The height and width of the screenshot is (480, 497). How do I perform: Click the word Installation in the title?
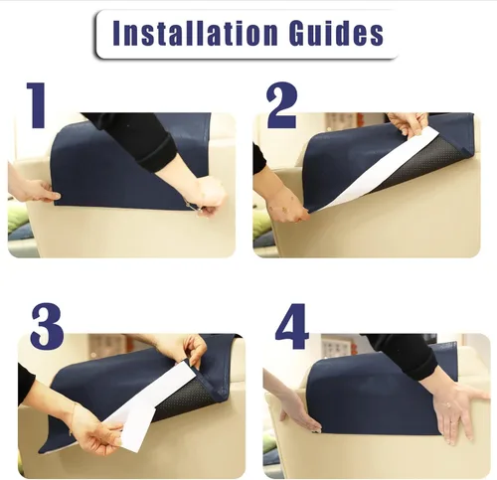click(x=195, y=33)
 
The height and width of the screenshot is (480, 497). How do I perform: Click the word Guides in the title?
click(x=336, y=33)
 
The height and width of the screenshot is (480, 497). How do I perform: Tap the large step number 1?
click(x=37, y=104)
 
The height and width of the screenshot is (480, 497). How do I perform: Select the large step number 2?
click(x=282, y=105)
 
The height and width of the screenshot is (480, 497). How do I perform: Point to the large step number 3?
click(x=47, y=326)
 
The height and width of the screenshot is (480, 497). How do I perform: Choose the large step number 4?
click(x=291, y=326)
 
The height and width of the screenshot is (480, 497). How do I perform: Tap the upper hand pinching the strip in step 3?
click(x=189, y=350)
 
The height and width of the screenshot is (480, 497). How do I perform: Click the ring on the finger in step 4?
click(x=447, y=404)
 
